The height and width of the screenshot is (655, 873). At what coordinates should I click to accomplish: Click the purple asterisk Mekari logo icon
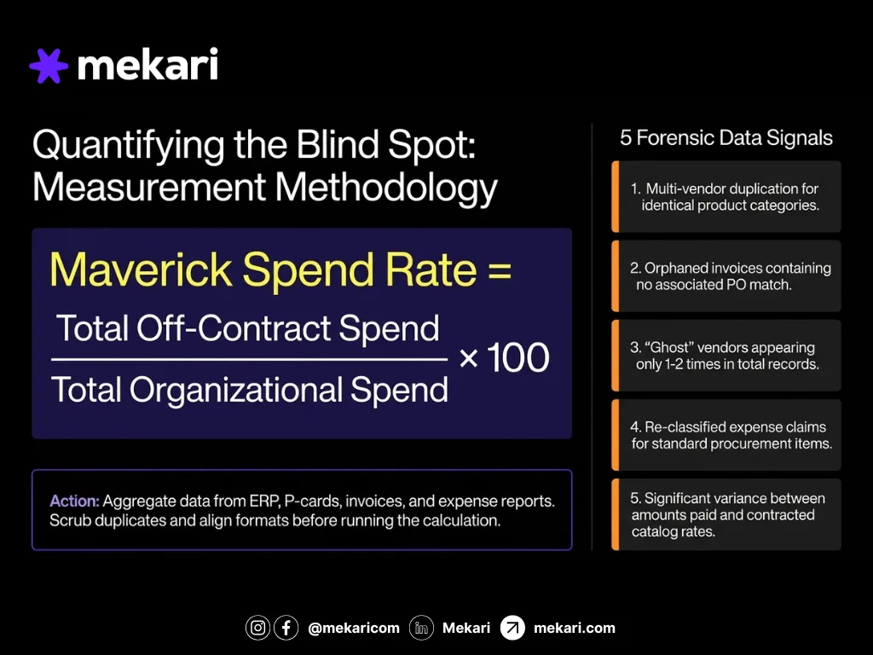pos(48,66)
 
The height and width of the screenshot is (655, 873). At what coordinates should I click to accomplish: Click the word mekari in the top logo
pos(147,65)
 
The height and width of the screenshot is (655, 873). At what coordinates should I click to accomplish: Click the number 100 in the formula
pos(518,359)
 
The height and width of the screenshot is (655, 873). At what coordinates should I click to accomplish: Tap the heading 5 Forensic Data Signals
pos(726,138)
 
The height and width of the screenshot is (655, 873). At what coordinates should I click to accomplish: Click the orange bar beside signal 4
pos(615,435)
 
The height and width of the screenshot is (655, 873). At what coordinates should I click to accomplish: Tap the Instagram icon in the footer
pos(257,628)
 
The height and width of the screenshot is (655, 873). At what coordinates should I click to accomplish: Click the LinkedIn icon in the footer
pos(421,628)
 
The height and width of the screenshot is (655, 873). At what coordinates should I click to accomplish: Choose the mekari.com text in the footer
pos(574,628)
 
